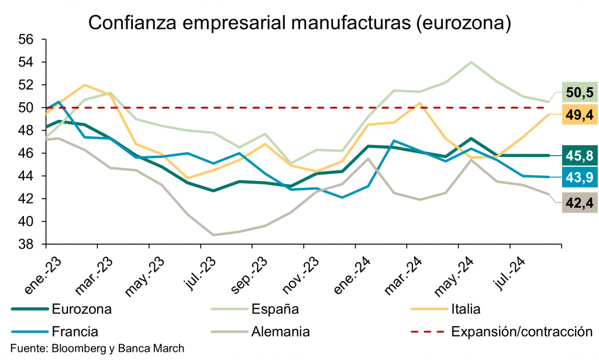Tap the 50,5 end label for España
(x=579, y=92)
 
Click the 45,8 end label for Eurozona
(x=579, y=155)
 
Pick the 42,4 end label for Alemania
(x=579, y=204)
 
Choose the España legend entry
(x=275, y=308)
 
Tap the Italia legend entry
(x=466, y=308)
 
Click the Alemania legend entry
(x=280, y=331)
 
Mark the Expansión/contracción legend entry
(x=518, y=331)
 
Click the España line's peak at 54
(x=471, y=62)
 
